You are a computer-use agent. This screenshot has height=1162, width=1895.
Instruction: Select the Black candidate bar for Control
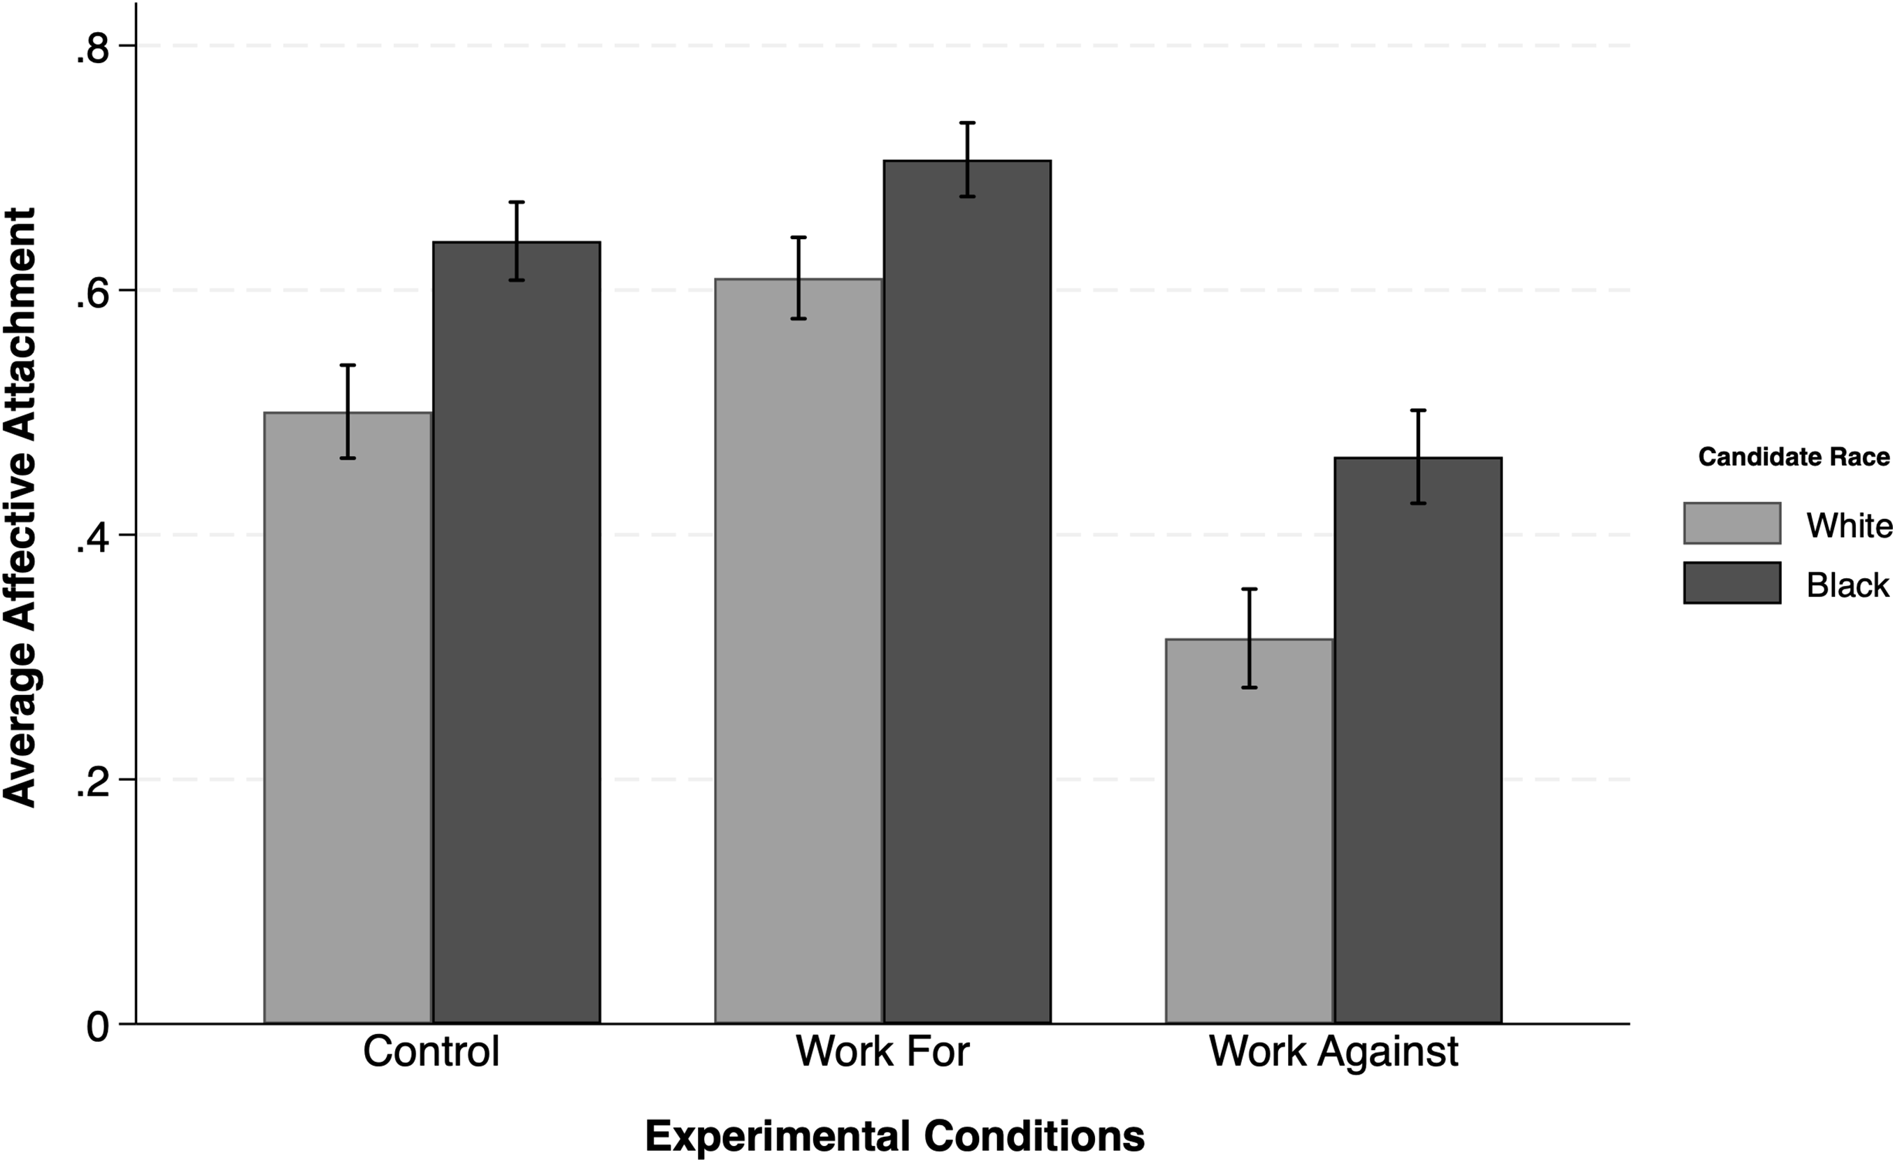[x=516, y=632]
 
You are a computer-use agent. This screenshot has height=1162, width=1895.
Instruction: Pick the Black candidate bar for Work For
[x=966, y=591]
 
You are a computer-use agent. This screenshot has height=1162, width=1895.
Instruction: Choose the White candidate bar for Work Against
[x=1249, y=831]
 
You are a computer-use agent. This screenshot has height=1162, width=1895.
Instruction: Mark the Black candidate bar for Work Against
[x=1417, y=740]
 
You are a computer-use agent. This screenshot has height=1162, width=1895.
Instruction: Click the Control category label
[x=431, y=1052]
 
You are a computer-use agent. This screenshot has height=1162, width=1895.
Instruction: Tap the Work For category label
[x=882, y=1052]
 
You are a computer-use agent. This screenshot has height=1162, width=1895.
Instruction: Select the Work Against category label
[x=1333, y=1052]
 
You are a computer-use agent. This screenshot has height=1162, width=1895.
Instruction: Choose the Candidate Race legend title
[x=1794, y=457]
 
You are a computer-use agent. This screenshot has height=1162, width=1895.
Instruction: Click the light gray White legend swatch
[x=1732, y=523]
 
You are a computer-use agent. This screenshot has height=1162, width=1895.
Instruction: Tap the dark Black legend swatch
[x=1732, y=583]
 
